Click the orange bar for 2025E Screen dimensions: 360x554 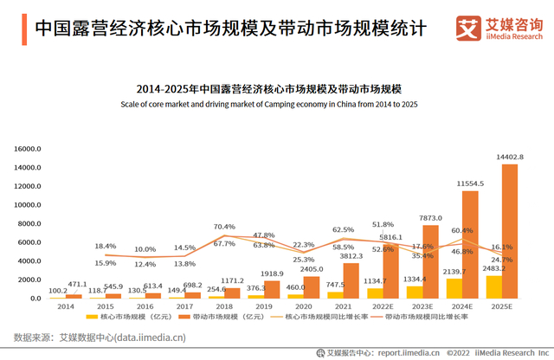(x=510, y=232)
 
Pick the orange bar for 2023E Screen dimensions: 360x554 (x=430, y=262)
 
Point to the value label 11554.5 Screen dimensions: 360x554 (x=471, y=184)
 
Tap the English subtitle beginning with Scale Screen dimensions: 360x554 (x=276, y=105)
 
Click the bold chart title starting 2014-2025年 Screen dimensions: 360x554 (x=276, y=89)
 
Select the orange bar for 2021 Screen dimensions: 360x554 (x=351, y=281)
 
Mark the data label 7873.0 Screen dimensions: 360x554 (x=430, y=219)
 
